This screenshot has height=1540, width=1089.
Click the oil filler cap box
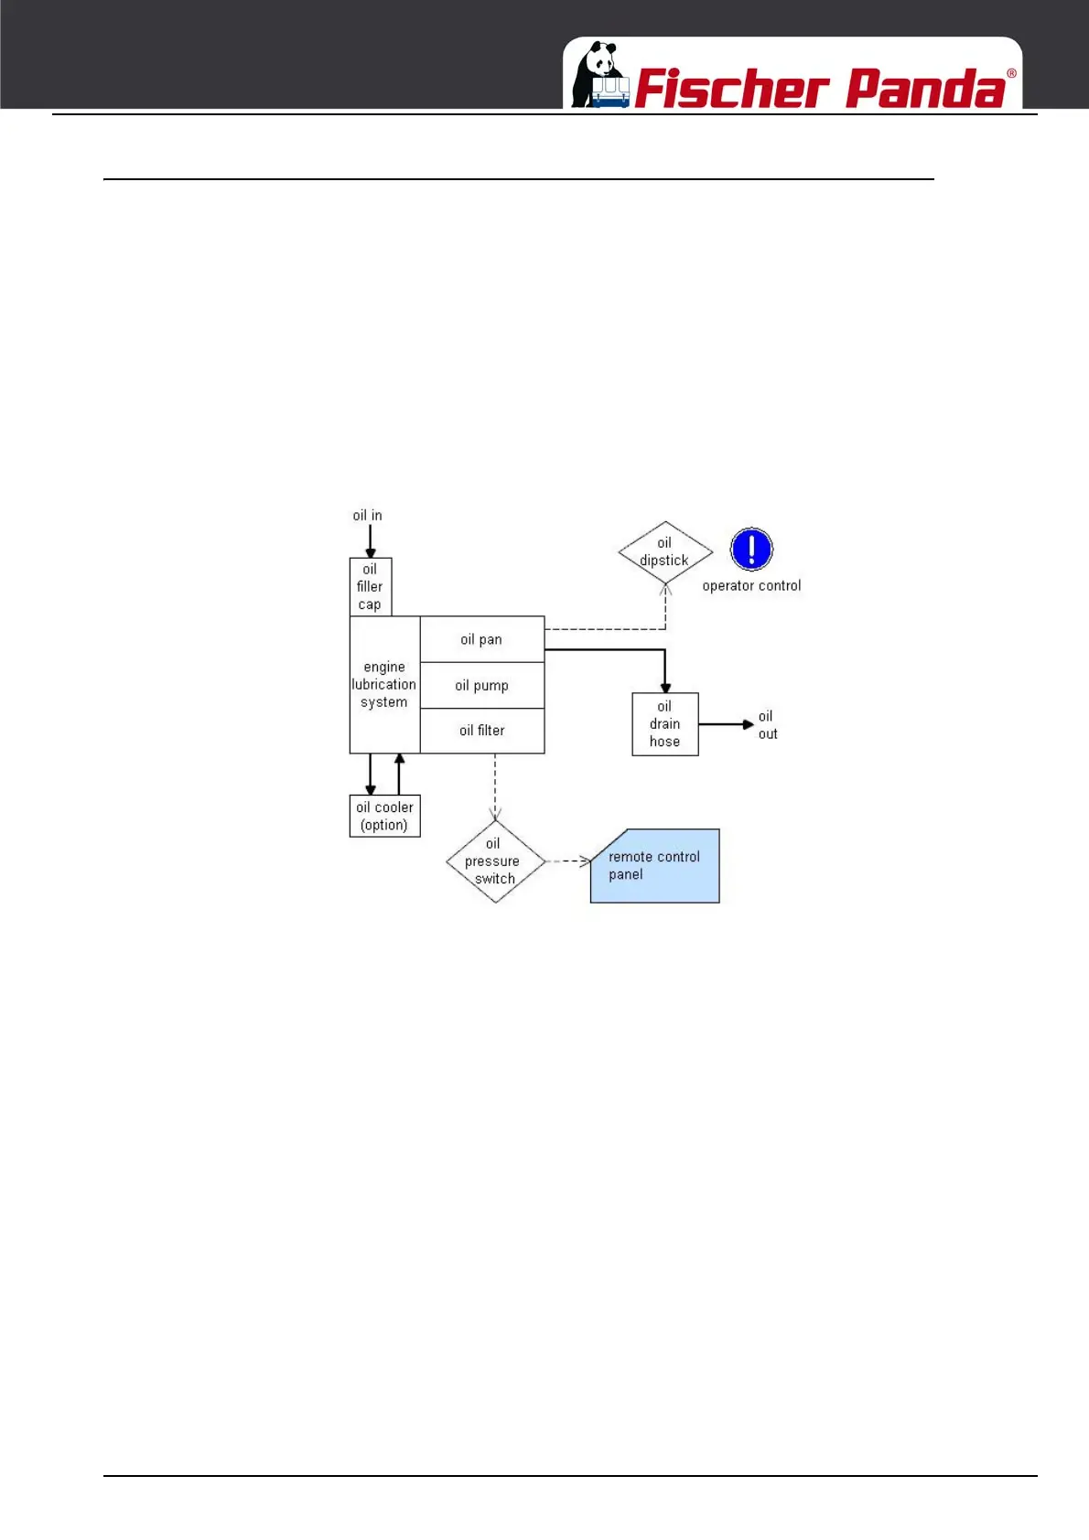[370, 587]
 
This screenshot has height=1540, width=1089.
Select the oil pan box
[481, 639]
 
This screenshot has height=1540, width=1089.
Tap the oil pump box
[481, 685]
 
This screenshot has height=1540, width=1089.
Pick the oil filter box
[481, 731]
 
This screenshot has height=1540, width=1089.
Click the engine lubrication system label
[384, 685]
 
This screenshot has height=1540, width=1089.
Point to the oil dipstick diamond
[665, 552]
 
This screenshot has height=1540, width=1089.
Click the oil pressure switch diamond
[494, 861]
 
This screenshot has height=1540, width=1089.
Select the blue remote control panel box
[655, 866]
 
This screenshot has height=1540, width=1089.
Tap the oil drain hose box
[665, 724]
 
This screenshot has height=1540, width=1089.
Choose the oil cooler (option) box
[385, 816]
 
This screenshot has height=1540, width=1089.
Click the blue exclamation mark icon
[751, 550]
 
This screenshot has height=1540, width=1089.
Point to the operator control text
[751, 586]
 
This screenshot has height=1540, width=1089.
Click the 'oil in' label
[368, 516]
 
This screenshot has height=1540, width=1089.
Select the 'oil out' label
[767, 725]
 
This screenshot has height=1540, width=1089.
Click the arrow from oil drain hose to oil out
[727, 724]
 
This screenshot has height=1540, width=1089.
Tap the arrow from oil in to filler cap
[371, 541]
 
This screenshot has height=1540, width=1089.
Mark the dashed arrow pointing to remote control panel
[568, 861]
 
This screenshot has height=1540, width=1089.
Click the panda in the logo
[599, 75]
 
